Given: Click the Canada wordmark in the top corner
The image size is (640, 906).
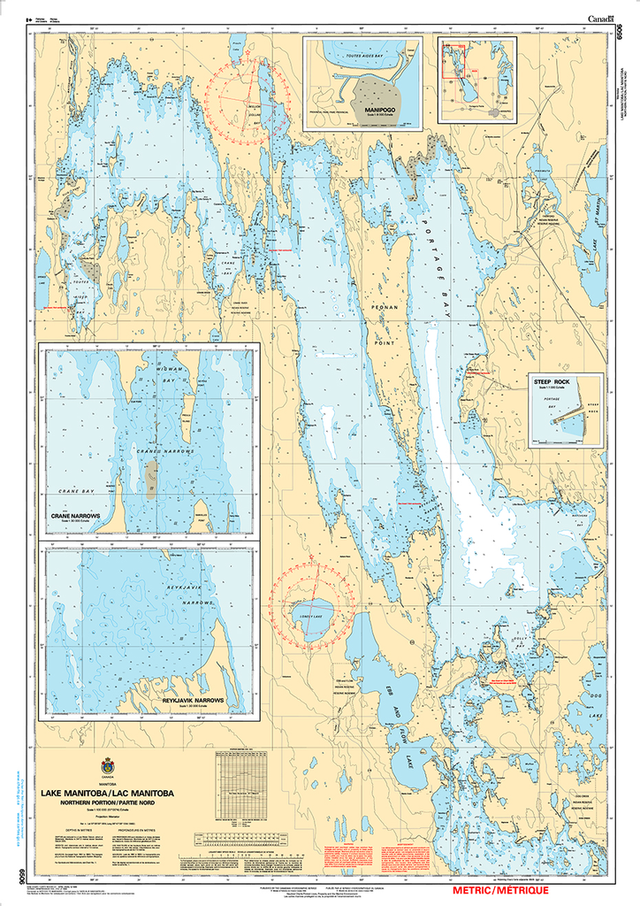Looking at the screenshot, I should (x=601, y=18).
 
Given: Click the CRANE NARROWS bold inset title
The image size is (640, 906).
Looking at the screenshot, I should (x=76, y=516).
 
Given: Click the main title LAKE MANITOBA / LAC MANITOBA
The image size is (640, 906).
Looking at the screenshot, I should (x=107, y=794).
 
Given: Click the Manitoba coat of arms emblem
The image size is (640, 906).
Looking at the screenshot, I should (x=108, y=764).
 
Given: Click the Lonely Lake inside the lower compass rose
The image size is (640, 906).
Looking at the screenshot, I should (x=310, y=618).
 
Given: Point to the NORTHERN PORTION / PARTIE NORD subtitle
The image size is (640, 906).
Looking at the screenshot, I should (x=107, y=803).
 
